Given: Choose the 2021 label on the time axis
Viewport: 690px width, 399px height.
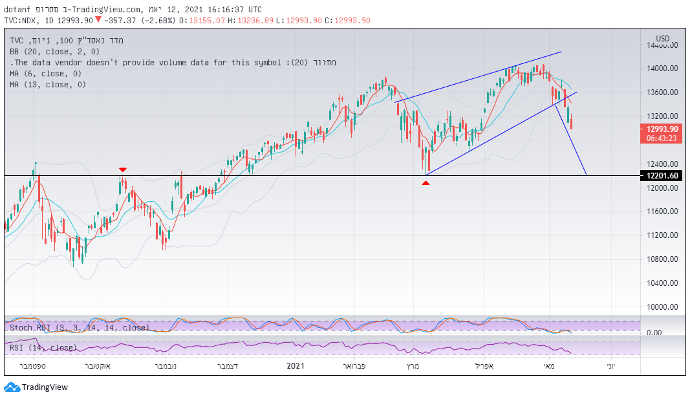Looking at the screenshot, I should point(295,366).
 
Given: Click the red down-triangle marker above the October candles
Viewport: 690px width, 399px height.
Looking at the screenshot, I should point(122,169).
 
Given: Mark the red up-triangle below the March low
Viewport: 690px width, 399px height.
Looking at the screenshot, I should point(426,183).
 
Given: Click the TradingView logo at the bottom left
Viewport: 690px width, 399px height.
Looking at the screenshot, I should point(36,387).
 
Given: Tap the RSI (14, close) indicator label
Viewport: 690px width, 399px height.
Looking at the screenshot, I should point(43,348).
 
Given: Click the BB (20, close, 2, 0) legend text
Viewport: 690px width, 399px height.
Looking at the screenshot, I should point(54,52).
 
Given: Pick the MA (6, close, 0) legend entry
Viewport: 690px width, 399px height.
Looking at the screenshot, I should point(47,74).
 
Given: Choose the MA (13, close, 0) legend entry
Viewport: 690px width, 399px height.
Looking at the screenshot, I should point(49,85).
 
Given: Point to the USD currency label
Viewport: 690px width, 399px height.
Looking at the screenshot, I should point(663,38).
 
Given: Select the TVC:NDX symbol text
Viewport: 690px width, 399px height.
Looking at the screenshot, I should point(23,21).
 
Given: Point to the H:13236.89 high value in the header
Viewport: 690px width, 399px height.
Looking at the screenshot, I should point(256,21).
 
